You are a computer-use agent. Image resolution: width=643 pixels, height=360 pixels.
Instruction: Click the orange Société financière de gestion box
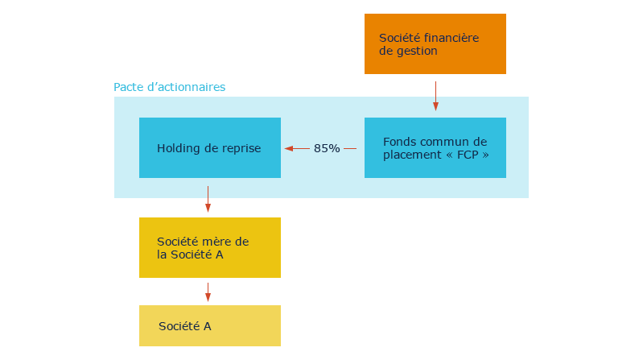coord(435,43)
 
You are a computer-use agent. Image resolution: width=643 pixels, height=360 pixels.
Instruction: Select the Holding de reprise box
coord(209,147)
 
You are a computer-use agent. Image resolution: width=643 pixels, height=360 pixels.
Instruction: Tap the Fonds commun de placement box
coord(435,147)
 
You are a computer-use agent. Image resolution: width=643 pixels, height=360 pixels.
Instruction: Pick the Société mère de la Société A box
coord(209,247)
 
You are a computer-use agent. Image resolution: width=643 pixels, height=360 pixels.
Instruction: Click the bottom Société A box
coord(209,325)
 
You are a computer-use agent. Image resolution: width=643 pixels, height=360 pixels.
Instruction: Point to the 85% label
coord(327,148)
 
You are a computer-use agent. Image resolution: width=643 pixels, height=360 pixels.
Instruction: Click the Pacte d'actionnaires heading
coord(169,86)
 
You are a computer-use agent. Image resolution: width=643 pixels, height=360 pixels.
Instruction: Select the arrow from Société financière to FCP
coord(435,95)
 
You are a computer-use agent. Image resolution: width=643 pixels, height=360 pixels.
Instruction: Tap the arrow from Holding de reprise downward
coord(208,199)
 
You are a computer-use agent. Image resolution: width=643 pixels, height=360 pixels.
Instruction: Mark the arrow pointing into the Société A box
coord(208,292)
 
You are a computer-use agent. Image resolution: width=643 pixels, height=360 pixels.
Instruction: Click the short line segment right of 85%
coord(350,148)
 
